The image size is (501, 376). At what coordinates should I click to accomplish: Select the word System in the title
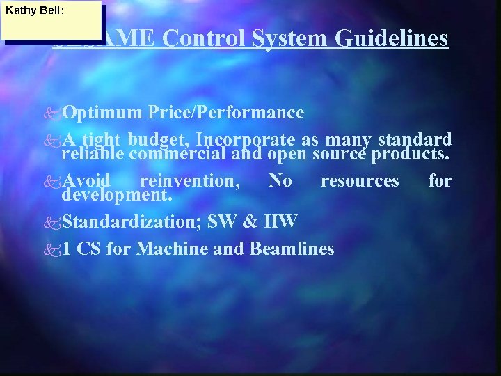pyautogui.click(x=290, y=38)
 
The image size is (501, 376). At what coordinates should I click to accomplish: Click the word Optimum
pyautogui.click(x=102, y=113)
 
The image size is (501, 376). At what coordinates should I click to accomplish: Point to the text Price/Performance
pyautogui.click(x=225, y=113)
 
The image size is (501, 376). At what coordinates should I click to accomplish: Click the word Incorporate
pyautogui.click(x=247, y=139)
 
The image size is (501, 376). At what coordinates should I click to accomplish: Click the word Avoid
pyautogui.click(x=86, y=181)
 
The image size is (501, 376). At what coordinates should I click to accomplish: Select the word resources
pyautogui.click(x=360, y=181)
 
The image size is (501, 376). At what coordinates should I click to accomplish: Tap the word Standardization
pyautogui.click(x=132, y=222)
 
